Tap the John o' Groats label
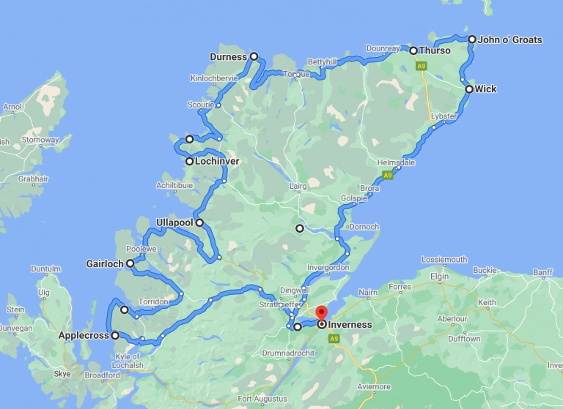pyautogui.click(x=510, y=40)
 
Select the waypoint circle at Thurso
pyautogui.click(x=413, y=50)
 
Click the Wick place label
pyautogui.click(x=485, y=89)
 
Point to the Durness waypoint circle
pyautogui.click(x=254, y=56)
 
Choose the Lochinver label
pyautogui.click(x=218, y=162)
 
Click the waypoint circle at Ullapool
pyautogui.click(x=199, y=222)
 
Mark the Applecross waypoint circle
pyautogui.click(x=115, y=336)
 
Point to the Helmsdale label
pyautogui.click(x=395, y=162)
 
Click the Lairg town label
pyautogui.click(x=298, y=187)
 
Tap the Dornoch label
pyautogui.click(x=364, y=227)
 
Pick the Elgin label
pyautogui.click(x=439, y=277)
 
